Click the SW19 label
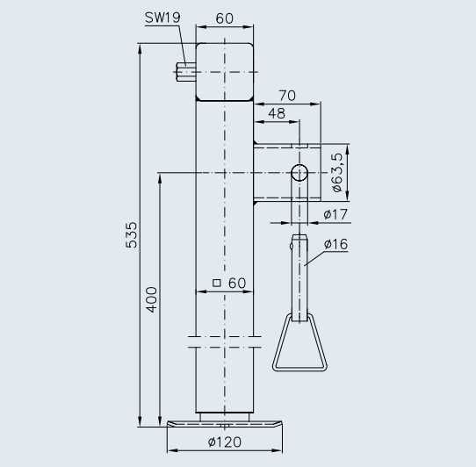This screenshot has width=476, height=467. (162, 18)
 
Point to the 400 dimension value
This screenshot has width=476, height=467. (151, 299)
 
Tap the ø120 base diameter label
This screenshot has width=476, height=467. (226, 442)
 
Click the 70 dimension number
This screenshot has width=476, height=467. (286, 95)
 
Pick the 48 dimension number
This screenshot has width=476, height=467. (276, 113)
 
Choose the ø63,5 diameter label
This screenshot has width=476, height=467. (337, 171)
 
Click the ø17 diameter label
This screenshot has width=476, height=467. (335, 213)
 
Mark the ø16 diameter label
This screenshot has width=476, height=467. (335, 244)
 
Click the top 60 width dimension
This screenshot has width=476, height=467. (225, 18)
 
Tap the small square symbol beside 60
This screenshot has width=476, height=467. (216, 283)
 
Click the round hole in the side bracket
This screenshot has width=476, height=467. (299, 173)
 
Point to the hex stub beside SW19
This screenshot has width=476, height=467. (185, 71)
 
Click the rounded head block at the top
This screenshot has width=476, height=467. (225, 71)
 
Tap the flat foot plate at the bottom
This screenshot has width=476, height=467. (226, 425)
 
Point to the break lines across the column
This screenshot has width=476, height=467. (225, 341)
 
